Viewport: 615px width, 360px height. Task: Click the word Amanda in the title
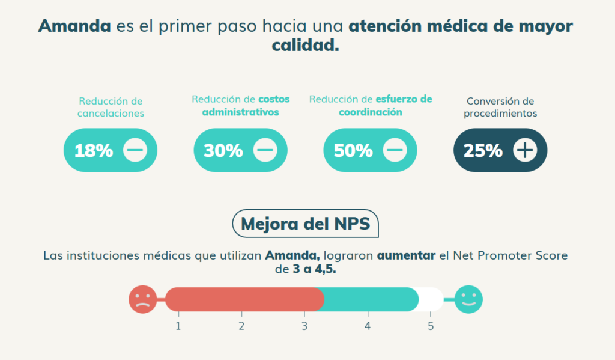pos(74,26)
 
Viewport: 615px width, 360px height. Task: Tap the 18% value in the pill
pos(94,150)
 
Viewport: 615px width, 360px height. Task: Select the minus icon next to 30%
pos(265,150)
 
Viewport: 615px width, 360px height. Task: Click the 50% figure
pos(353,150)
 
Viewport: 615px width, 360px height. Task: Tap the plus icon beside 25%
pos(525,150)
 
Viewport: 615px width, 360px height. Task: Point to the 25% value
pos(483,150)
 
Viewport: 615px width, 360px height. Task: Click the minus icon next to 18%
pos(135,150)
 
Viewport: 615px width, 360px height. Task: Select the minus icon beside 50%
pos(395,150)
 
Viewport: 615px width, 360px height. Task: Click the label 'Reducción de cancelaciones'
pos(111,107)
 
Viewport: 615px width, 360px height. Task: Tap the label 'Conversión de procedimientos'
pos(500,107)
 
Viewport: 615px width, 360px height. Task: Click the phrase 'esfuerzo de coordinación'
pos(384,106)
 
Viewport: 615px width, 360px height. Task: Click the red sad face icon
pos(142,299)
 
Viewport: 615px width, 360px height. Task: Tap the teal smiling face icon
pos(468,299)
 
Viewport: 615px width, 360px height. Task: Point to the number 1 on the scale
pos(178,326)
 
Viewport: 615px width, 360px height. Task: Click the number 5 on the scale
pos(431,326)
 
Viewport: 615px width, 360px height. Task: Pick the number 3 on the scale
pos(304,326)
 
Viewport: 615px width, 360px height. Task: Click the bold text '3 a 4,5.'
pos(314,270)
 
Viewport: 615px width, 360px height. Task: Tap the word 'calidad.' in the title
pos(305,46)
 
